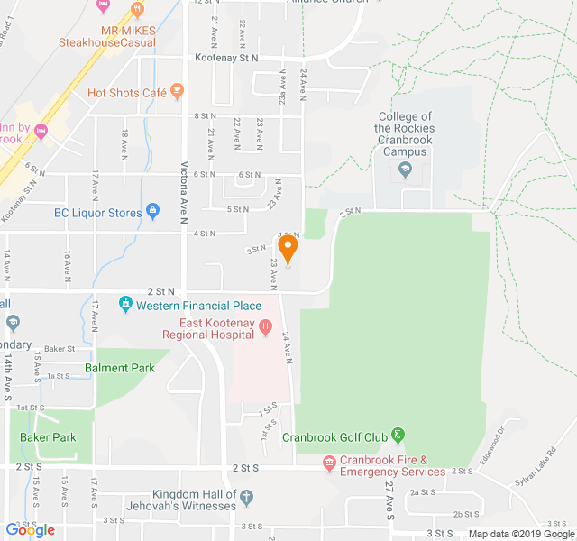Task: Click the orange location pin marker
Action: [288, 248]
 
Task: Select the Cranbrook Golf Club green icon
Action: [398, 436]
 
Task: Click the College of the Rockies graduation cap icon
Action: [406, 170]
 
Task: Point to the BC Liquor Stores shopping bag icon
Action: [152, 212]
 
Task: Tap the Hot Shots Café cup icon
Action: [177, 91]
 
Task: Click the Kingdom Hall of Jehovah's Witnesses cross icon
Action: [247, 495]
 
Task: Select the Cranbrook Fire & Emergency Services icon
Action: [330, 464]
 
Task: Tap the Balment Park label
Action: [120, 368]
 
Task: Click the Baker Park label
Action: [48, 437]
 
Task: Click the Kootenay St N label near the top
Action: [226, 58]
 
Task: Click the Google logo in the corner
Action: [31, 530]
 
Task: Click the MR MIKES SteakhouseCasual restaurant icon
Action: [137, 10]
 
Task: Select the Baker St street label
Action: [59, 348]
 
